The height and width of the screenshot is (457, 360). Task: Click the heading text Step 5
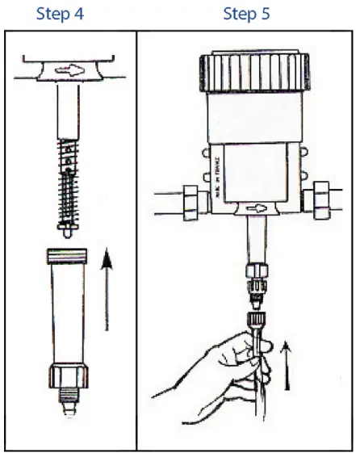point(246,14)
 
